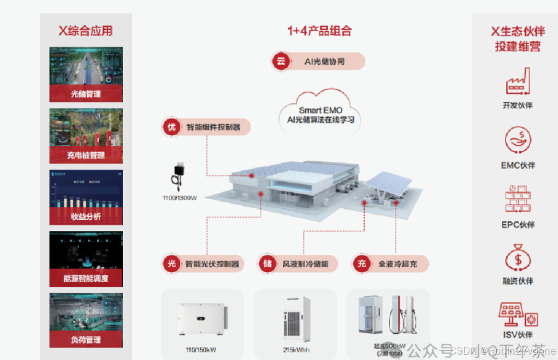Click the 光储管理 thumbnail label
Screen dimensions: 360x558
pos(86,94)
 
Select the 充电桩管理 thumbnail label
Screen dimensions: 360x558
pos(86,155)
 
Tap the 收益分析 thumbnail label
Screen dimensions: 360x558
pos(86,217)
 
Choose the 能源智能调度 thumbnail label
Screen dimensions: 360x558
pos(86,278)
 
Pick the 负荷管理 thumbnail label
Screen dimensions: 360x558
pos(86,340)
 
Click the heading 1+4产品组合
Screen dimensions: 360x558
pos(319,31)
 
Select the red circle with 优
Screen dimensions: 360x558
pos(171,127)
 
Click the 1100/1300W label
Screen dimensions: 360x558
pos(179,198)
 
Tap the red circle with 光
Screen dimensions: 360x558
pos(171,264)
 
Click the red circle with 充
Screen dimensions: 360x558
pos(362,264)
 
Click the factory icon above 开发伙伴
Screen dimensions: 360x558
pos(518,82)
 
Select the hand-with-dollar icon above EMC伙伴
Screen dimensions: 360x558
pos(518,140)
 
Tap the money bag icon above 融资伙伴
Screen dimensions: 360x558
pos(518,258)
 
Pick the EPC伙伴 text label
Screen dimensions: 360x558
pos(518,225)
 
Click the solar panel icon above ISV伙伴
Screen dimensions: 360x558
pos(518,315)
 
